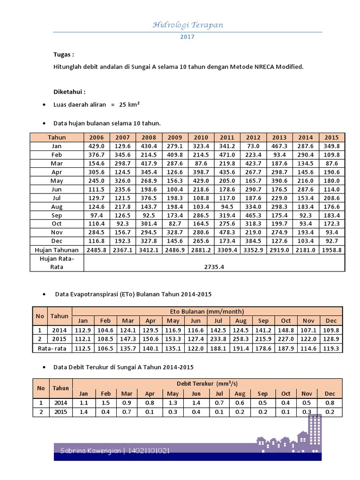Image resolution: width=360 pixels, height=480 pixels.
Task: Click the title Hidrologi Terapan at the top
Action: click(187, 25)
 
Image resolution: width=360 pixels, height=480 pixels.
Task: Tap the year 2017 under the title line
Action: click(187, 37)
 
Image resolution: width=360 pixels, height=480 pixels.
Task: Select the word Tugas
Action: click(63, 55)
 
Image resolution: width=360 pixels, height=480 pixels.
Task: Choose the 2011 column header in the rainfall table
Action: click(227, 137)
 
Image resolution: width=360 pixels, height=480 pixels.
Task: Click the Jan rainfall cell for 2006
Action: click(97, 146)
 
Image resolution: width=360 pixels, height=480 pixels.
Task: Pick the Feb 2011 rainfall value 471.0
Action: click(227, 154)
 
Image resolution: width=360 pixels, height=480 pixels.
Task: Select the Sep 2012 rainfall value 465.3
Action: click(253, 216)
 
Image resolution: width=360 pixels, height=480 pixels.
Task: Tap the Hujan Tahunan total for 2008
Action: click(149, 250)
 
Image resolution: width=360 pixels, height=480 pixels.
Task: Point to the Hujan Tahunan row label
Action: click(57, 250)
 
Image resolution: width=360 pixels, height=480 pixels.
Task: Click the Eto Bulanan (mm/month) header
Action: click(207, 311)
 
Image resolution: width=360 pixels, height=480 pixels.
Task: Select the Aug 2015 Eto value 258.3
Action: click(240, 339)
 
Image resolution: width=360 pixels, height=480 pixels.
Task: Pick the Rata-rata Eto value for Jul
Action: click(218, 348)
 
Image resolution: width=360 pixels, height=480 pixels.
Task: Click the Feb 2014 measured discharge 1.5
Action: click(106, 403)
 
